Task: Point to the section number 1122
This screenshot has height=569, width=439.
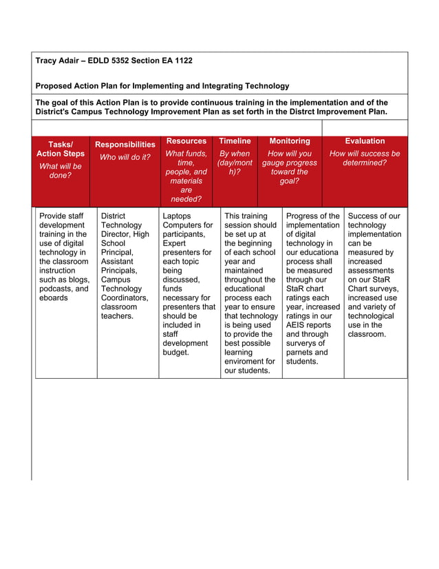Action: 182,61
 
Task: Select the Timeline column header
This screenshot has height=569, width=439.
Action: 235,141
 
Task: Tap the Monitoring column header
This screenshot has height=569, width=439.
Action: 290,141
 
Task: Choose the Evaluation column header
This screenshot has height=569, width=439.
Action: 365,141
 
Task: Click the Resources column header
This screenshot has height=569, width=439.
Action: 186,141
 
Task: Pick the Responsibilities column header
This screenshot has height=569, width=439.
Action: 125,145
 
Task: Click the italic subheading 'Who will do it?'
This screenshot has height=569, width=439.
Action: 125,157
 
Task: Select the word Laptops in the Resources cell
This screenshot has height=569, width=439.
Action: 178,216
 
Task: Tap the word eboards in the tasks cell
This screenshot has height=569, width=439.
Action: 54,298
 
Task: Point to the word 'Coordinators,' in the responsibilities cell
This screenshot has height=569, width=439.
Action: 125,298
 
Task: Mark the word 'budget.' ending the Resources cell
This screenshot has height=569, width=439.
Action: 176,353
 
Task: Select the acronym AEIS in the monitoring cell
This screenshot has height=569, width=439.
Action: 297,325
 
